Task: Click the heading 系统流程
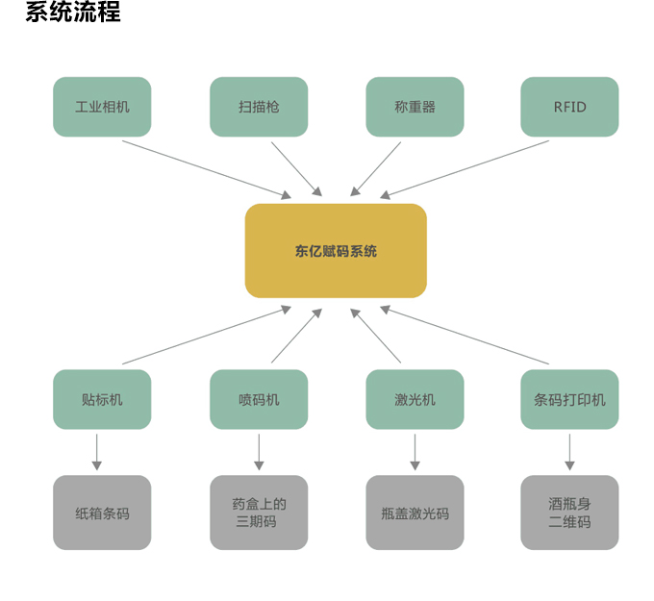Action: [x=73, y=13]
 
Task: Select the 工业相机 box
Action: [x=102, y=107]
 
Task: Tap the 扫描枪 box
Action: [x=259, y=107]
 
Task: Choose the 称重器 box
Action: [x=415, y=107]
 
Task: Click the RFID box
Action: [x=569, y=107]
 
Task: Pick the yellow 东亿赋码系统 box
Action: [x=336, y=251]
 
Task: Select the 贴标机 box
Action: [x=102, y=399]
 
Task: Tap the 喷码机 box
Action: [x=259, y=399]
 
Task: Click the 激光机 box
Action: [x=415, y=399]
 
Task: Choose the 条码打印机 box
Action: [x=569, y=399]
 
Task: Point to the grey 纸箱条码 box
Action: [x=102, y=513]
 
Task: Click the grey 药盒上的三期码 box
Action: [x=259, y=513]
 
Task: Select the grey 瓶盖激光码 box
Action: [x=415, y=513]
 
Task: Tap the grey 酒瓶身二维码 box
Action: [x=569, y=513]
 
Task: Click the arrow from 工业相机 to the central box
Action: [x=206, y=169]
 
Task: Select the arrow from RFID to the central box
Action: [x=465, y=169]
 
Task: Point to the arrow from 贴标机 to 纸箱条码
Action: [x=96, y=451]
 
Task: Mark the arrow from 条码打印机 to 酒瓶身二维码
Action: [x=569, y=451]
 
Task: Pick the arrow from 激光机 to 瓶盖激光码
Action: [x=415, y=451]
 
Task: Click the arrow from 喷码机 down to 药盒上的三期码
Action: [x=259, y=451]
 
